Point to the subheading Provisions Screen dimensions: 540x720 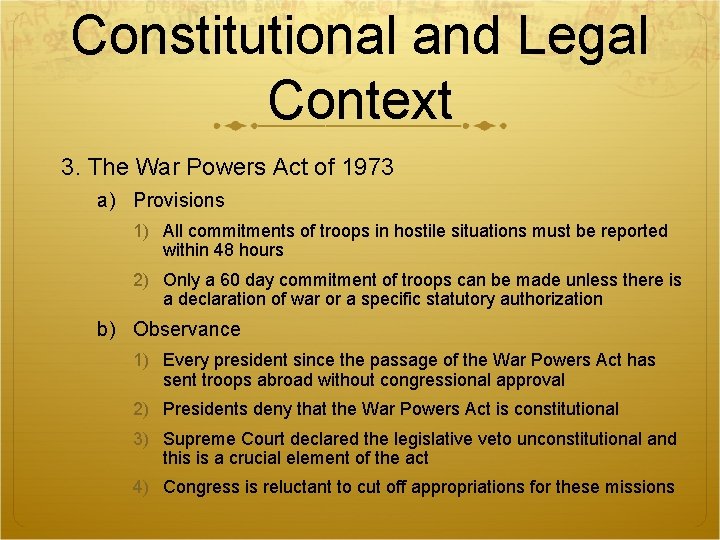coord(179,201)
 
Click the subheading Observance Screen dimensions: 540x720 coord(187,329)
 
